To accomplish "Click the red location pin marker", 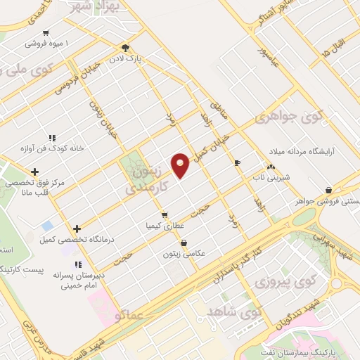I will click(180, 164).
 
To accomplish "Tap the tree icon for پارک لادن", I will click(125, 48).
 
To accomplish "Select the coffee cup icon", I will click(237, 162).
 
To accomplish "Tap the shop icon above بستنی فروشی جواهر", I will click(329, 190).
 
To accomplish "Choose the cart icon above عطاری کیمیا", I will click(165, 215).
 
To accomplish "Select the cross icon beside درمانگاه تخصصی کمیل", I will click(77, 229).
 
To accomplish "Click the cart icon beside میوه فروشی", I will click(46, 32).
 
